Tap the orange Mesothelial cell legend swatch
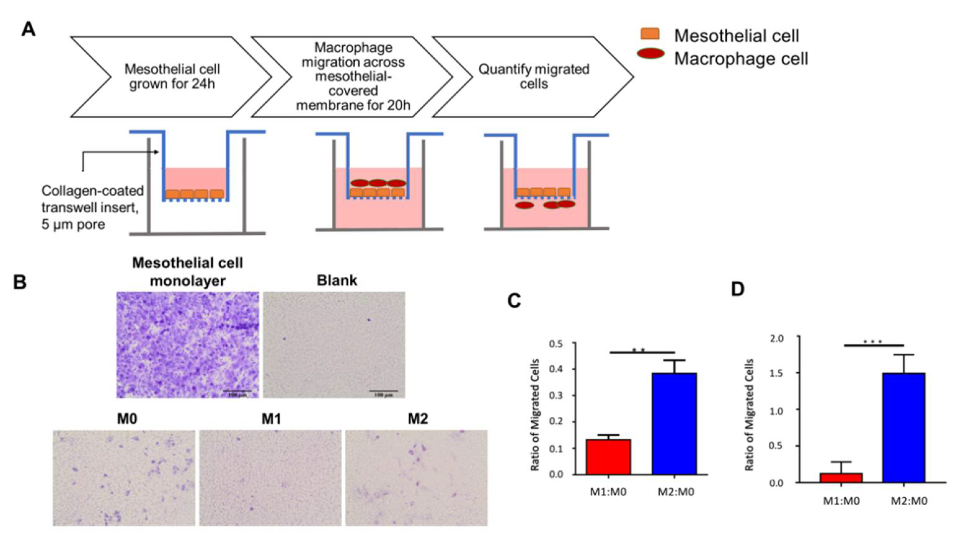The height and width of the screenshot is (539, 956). pyautogui.click(x=650, y=34)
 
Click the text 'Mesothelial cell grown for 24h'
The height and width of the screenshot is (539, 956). pyautogui.click(x=172, y=77)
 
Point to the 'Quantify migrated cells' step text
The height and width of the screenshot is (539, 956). pyautogui.click(x=534, y=77)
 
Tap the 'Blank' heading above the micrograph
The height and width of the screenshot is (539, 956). pyautogui.click(x=337, y=281)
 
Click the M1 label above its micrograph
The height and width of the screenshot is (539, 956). pyautogui.click(x=271, y=419)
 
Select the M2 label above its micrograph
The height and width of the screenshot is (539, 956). pyautogui.click(x=418, y=419)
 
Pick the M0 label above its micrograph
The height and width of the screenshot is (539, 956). pyautogui.click(x=127, y=419)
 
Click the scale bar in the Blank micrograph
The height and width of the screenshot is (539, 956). pyautogui.click(x=383, y=391)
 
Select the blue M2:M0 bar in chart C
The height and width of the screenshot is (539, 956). pyautogui.click(x=674, y=424)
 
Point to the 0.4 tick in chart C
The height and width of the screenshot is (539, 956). pyautogui.click(x=555, y=369)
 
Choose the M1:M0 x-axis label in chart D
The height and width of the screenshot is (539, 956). pyautogui.click(x=841, y=501)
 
